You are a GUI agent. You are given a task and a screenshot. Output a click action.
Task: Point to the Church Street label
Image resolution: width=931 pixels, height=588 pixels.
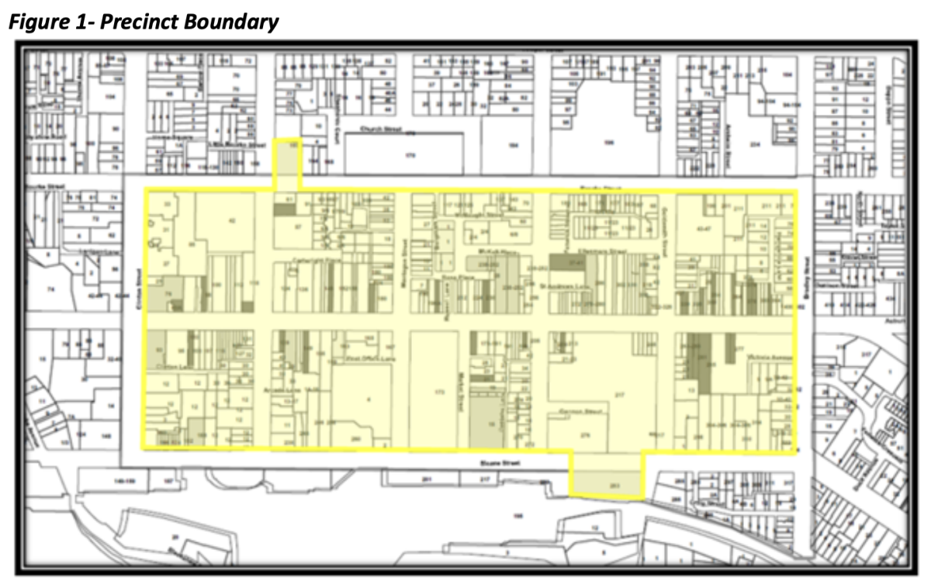click(377, 130)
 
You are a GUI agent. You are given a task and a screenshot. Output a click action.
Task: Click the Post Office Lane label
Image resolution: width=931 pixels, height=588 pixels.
click(364, 358)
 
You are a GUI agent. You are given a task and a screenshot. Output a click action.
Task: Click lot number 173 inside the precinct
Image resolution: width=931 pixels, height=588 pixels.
click(439, 393)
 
